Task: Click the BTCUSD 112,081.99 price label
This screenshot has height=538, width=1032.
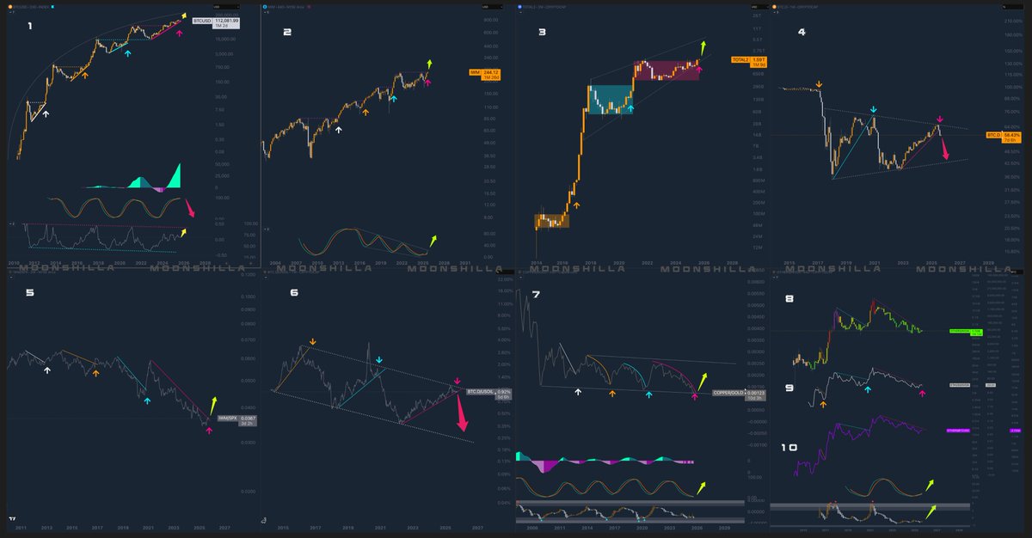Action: [227, 21]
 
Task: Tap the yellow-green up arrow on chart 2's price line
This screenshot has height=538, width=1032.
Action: [430, 64]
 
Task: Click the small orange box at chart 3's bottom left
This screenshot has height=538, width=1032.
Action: [550, 221]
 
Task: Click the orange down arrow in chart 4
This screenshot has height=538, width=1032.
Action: [819, 84]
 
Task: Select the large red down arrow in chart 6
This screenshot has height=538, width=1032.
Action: [463, 419]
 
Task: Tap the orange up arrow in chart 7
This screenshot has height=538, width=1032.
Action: [612, 393]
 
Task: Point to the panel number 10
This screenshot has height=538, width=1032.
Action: [789, 448]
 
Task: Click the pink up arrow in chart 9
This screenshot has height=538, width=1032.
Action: [922, 393]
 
